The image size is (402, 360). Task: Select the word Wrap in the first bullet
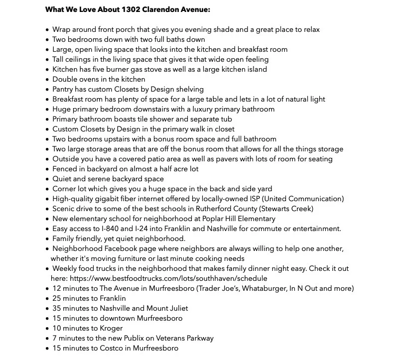click(61, 29)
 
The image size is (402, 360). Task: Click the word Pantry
click(64, 89)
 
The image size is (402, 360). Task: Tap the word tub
click(225, 119)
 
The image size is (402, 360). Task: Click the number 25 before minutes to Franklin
click(57, 298)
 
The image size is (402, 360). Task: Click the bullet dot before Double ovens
click(47, 80)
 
